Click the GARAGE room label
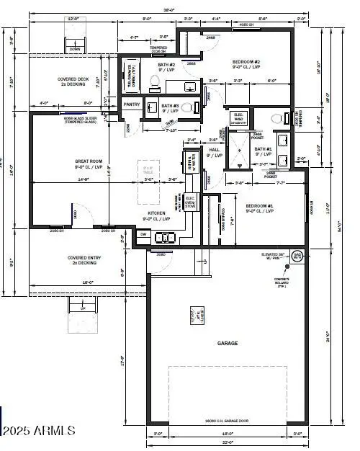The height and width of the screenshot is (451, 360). (228, 344)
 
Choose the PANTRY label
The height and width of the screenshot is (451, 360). (132, 104)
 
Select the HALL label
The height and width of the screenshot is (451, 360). (214, 151)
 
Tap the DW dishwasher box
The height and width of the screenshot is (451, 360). (143, 234)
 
